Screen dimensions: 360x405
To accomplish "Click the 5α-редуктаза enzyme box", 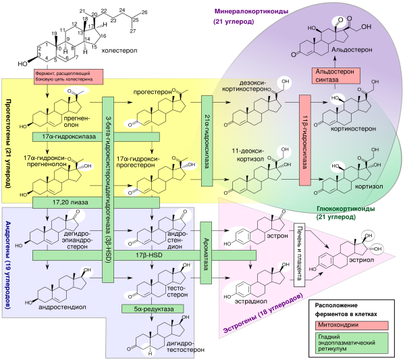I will coord(145,309).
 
